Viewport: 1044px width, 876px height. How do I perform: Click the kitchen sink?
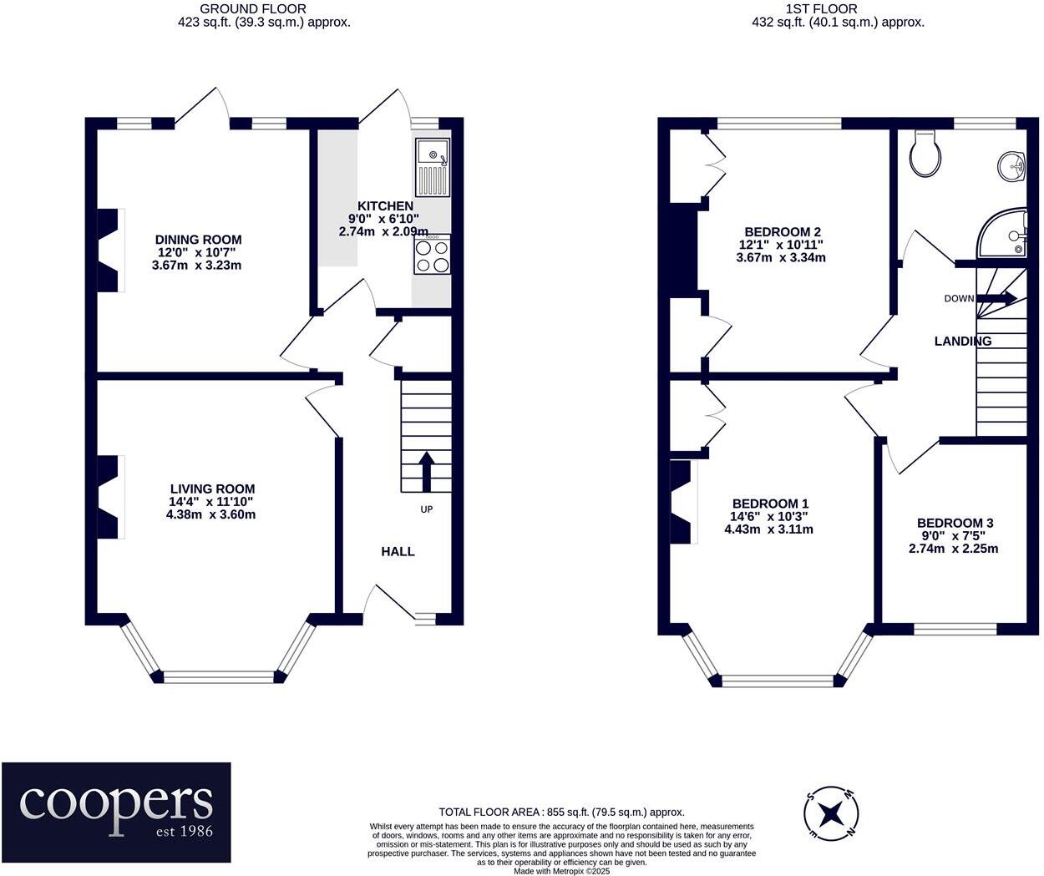point(433,167)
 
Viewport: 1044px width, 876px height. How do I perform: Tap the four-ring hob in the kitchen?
point(432,255)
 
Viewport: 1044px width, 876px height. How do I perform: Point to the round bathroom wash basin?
point(1011,166)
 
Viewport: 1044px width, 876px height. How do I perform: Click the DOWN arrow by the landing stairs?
point(996,298)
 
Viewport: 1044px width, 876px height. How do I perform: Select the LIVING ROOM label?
point(212,489)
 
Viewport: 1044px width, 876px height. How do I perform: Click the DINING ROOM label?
point(198,240)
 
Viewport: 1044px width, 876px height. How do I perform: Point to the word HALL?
point(398,551)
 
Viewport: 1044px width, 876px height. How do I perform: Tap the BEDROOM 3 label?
point(955,523)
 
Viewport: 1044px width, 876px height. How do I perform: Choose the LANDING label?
point(963,341)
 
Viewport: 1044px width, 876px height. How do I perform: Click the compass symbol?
point(830,814)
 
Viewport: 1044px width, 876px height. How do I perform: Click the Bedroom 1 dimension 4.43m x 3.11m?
point(768,529)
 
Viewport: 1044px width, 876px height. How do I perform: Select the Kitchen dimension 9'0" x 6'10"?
point(383,219)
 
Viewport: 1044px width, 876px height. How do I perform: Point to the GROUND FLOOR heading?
point(252,9)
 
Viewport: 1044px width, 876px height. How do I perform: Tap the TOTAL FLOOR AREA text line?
point(561,812)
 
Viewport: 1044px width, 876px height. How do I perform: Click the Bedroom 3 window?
point(955,629)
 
